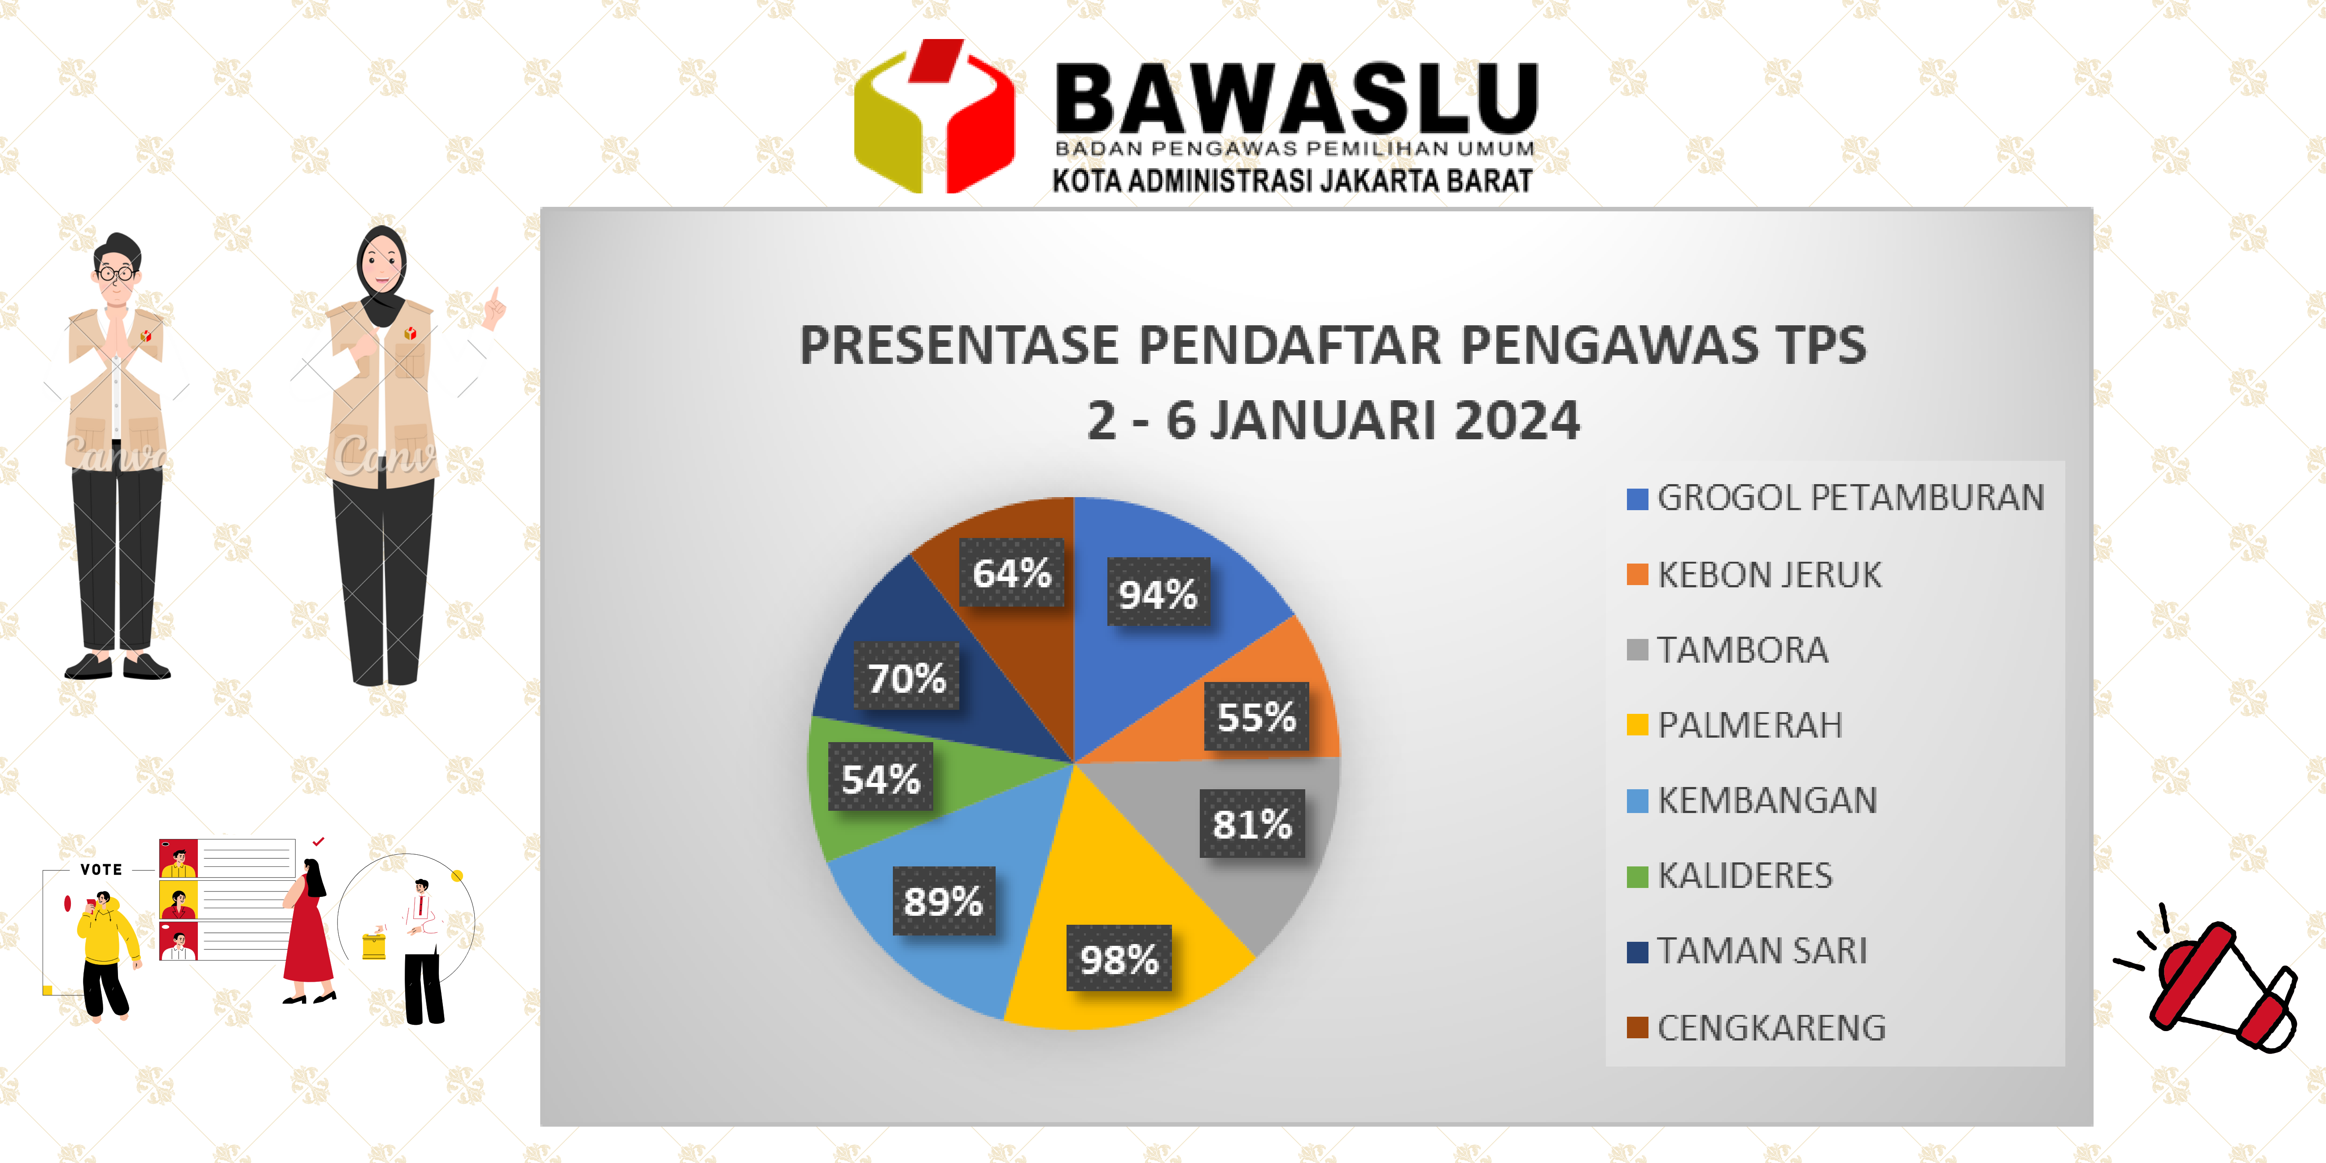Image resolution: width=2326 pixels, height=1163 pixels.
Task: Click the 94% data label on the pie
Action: coord(1158,592)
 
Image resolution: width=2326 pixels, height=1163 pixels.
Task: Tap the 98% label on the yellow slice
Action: coord(1119,958)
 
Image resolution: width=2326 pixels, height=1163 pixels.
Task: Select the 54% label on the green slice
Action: coord(880,778)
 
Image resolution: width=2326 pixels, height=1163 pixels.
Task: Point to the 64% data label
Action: coord(1011,573)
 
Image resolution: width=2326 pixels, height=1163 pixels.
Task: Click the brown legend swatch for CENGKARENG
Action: coord(1637,1027)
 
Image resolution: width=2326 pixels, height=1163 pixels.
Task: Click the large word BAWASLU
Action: coord(1296,99)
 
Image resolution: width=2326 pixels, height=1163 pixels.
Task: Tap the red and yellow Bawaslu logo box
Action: coord(935,118)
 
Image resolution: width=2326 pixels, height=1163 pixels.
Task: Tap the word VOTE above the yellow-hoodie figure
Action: coord(101,870)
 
